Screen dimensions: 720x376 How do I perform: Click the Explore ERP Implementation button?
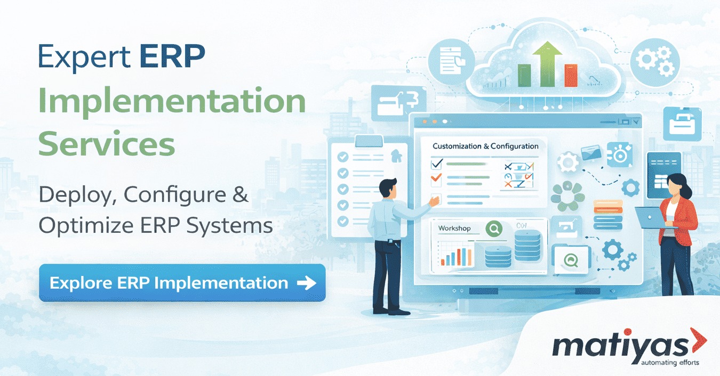coord(182,283)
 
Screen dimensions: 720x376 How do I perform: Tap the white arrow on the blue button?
coord(307,283)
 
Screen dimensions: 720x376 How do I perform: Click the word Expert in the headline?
coord(84,57)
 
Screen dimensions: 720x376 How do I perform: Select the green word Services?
coord(107,143)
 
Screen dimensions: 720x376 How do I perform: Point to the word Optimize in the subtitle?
coord(86,225)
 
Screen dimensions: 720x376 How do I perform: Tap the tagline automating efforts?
coord(670,363)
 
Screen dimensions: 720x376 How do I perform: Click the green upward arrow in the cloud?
coord(547,64)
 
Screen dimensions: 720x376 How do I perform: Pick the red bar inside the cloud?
coord(571,76)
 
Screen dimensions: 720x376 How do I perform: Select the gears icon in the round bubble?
coord(655,63)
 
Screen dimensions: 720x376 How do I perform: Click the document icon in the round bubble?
coord(451,62)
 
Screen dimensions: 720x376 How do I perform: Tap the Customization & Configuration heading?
coord(485,146)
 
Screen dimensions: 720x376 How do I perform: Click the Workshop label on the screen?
coord(454,228)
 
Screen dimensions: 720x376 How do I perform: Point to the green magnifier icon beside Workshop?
coord(494,228)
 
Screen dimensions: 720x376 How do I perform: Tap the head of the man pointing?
coord(388,188)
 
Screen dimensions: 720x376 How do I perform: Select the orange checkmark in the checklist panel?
coord(436,177)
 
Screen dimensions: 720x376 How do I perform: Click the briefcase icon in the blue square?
coord(682,124)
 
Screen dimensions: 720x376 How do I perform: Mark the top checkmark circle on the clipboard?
coord(343,157)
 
